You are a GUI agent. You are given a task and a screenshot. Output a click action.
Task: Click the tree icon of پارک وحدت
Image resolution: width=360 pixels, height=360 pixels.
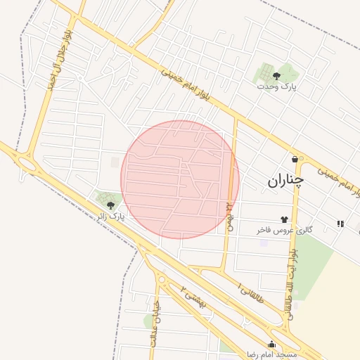[275, 75]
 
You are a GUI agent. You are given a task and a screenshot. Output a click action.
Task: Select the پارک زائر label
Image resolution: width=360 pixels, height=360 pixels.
[111, 217]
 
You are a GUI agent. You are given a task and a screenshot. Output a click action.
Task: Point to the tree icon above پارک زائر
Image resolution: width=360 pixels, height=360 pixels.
[110, 205]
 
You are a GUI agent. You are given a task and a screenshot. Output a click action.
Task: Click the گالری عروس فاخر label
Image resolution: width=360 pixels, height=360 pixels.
[285, 230]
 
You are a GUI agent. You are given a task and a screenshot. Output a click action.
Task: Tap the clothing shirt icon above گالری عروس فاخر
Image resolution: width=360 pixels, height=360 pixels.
[284, 219]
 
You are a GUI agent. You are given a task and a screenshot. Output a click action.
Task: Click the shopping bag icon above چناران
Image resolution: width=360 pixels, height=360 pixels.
[294, 159]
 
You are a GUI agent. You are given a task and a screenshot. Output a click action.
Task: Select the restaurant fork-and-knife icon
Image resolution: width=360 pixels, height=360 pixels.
[340, 224]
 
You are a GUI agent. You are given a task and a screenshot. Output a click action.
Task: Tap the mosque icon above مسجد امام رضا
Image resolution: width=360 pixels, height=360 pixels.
[272, 344]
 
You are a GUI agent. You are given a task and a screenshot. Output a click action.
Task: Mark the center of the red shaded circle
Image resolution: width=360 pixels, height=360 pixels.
[180, 179]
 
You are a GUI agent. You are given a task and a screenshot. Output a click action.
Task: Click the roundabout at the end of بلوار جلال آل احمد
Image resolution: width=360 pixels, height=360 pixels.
[28, 165]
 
